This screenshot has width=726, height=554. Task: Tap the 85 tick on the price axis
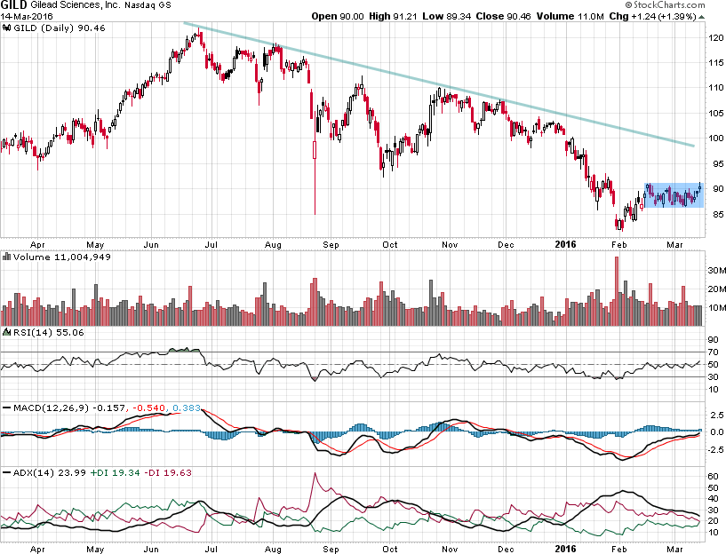tap(714, 214)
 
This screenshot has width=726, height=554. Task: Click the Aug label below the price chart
tap(274, 241)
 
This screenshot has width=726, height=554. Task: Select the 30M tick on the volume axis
tap(716, 270)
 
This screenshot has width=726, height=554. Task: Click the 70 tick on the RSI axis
tap(713, 352)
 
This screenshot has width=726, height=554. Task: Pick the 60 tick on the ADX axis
tap(713, 476)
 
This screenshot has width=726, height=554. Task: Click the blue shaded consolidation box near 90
tap(674, 194)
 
